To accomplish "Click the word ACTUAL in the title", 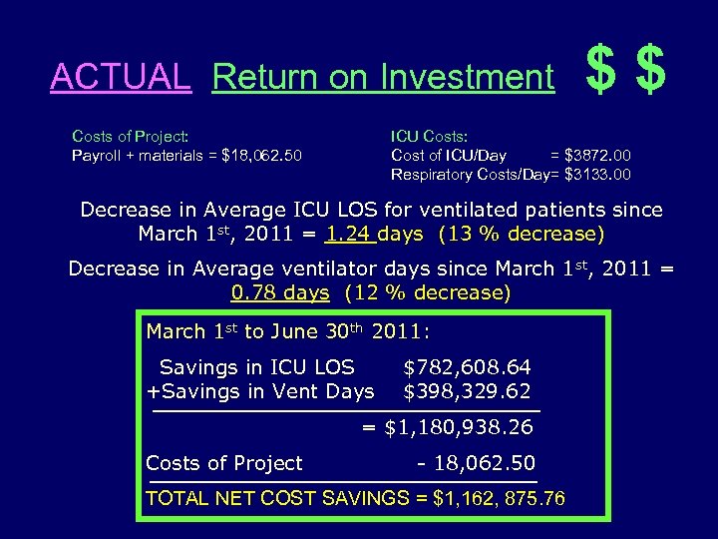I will coord(120,77).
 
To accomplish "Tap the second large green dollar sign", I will coord(649,72).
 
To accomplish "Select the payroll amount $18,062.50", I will coord(262,155).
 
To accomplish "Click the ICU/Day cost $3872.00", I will coord(596,155).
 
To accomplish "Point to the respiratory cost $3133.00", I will coord(596,175).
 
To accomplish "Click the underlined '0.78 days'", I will coord(279,292).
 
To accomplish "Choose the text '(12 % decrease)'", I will coord(427,292).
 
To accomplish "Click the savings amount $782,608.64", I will coord(467,367).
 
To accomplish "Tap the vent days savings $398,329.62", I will coord(467,391).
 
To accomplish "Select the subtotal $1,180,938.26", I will coord(459,428).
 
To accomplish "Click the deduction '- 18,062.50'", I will coord(475,463).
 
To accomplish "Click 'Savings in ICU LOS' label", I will coord(256,367).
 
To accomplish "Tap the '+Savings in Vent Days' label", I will coord(260,391).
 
